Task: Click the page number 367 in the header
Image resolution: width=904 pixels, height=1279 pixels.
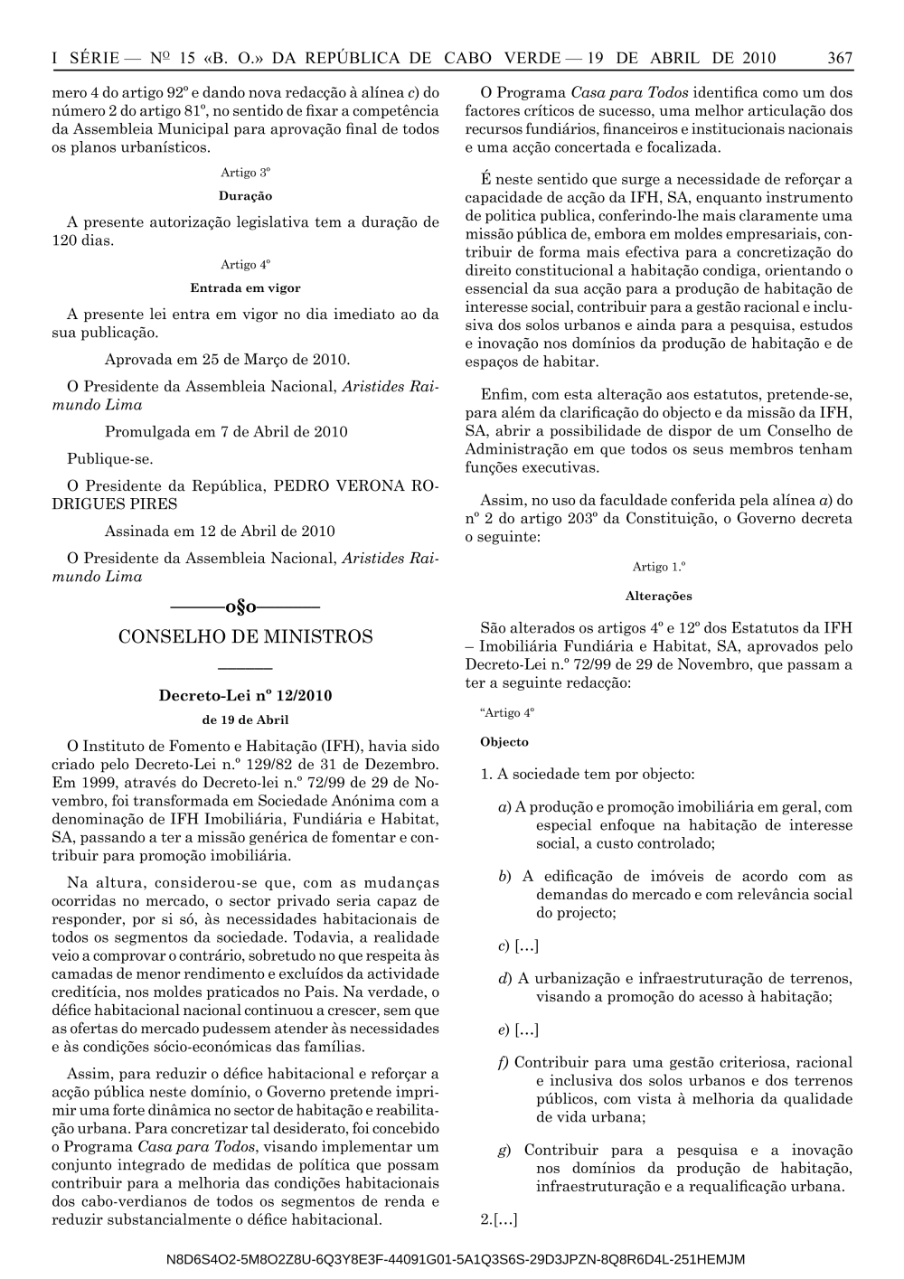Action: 840,59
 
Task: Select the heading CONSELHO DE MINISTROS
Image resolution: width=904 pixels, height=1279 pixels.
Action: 245,637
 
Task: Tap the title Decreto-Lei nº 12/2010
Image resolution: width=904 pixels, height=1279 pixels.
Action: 245,696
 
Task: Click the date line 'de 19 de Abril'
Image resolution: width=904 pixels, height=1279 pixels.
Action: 245,720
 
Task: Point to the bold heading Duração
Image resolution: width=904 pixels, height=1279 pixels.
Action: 245,195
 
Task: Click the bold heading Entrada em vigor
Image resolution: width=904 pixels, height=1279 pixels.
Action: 245,288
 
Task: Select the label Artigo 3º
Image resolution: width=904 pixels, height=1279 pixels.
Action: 245,172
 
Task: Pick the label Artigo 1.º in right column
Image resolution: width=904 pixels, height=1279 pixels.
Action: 658,567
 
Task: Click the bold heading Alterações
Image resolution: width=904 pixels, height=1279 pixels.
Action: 658,596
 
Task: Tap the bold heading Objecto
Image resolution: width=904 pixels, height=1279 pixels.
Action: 504,742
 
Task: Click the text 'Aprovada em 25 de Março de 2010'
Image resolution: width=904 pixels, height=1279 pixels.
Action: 227,360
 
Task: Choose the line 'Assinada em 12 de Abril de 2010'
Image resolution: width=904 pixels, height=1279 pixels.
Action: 220,531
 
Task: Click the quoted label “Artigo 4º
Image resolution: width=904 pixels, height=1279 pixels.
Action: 507,712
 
